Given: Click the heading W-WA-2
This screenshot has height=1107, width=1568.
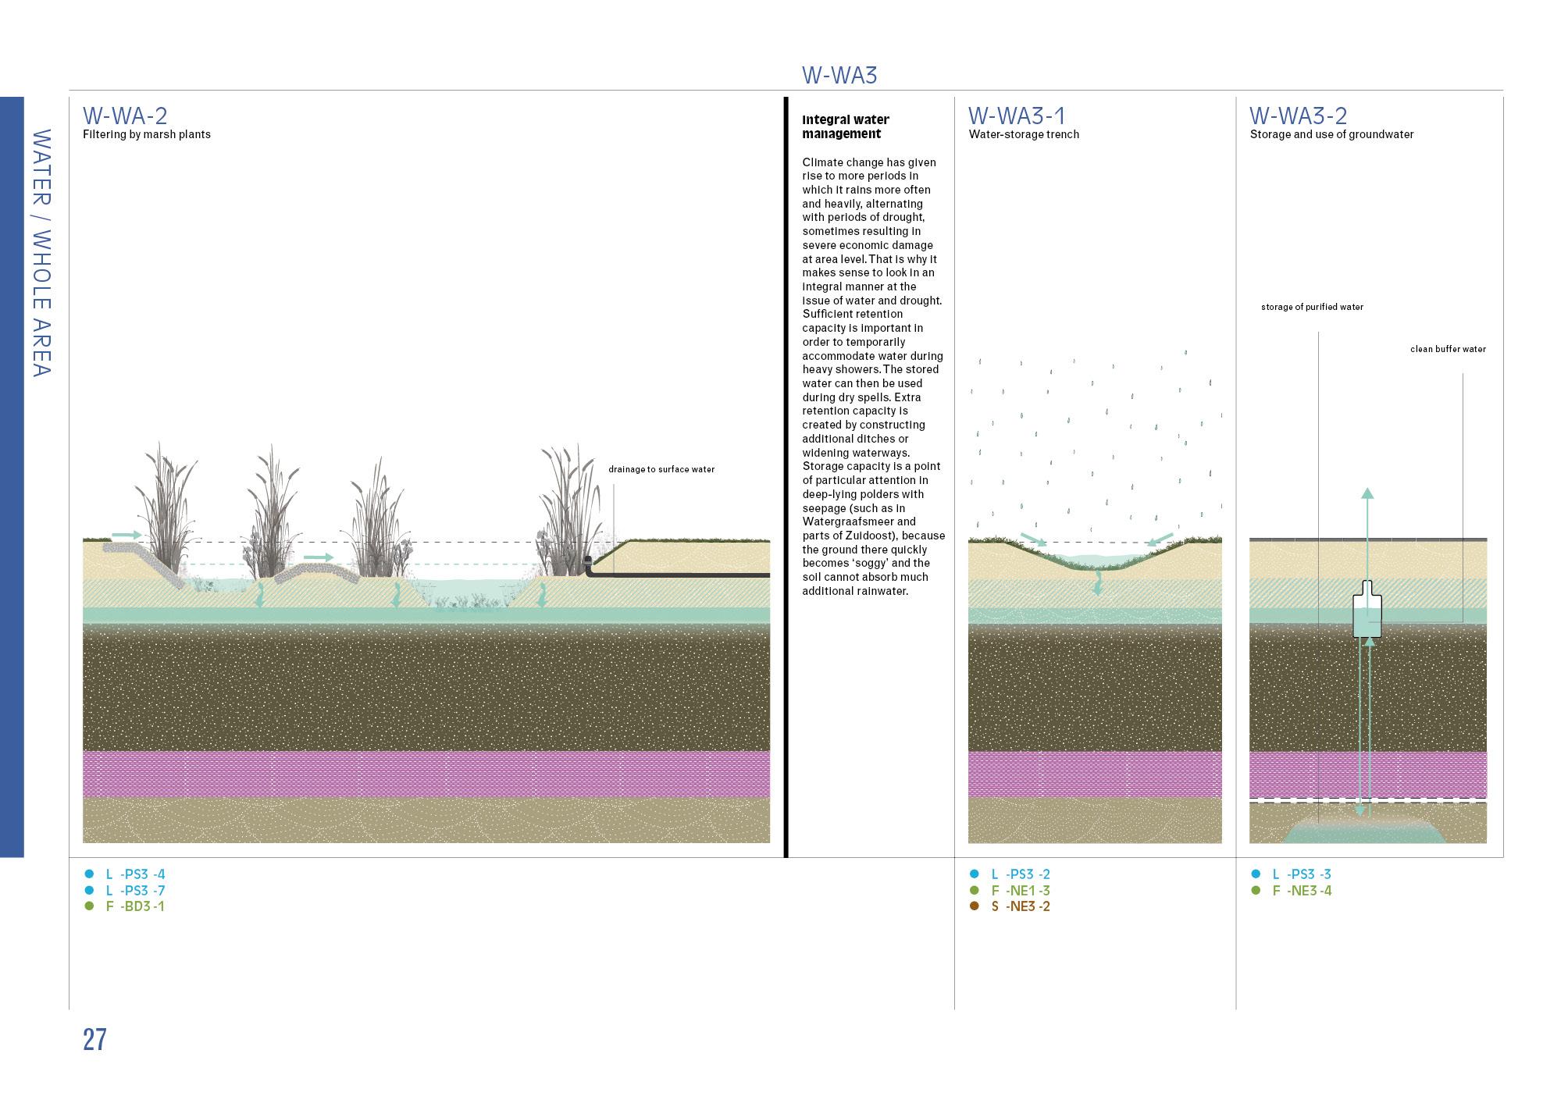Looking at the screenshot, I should pos(125,116).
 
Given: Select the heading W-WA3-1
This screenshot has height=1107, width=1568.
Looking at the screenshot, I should pos(1017,116).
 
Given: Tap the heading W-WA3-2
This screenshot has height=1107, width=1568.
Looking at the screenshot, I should pos(1298,116).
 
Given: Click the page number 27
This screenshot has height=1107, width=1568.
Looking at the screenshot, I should pos(94,1040).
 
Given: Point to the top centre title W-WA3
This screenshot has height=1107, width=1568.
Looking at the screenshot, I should pos(839,76).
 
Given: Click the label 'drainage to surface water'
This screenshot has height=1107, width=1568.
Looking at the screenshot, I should pos(661,469).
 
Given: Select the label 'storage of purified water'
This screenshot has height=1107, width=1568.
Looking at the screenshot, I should pos(1312,307).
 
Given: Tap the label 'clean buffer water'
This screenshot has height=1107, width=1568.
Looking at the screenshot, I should pos(1448,349).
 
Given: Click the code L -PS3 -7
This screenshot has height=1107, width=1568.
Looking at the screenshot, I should pos(135,891).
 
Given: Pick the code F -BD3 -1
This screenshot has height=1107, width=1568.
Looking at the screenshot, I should pos(135,906).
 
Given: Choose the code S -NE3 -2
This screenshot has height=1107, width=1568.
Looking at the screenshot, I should pos(1021,906).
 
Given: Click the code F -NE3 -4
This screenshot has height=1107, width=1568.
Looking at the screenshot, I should pos(1302,891).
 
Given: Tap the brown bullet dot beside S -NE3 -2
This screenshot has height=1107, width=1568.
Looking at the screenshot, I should pos(974,906).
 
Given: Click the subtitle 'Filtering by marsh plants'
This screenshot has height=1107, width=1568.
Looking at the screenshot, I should pos(147,134).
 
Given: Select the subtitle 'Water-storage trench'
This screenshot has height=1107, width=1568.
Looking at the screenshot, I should pos(1024,134).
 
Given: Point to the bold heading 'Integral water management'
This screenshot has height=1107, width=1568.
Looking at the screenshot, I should pos(846,126).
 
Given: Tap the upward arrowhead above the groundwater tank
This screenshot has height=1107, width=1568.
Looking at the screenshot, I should pos(1367,493).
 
